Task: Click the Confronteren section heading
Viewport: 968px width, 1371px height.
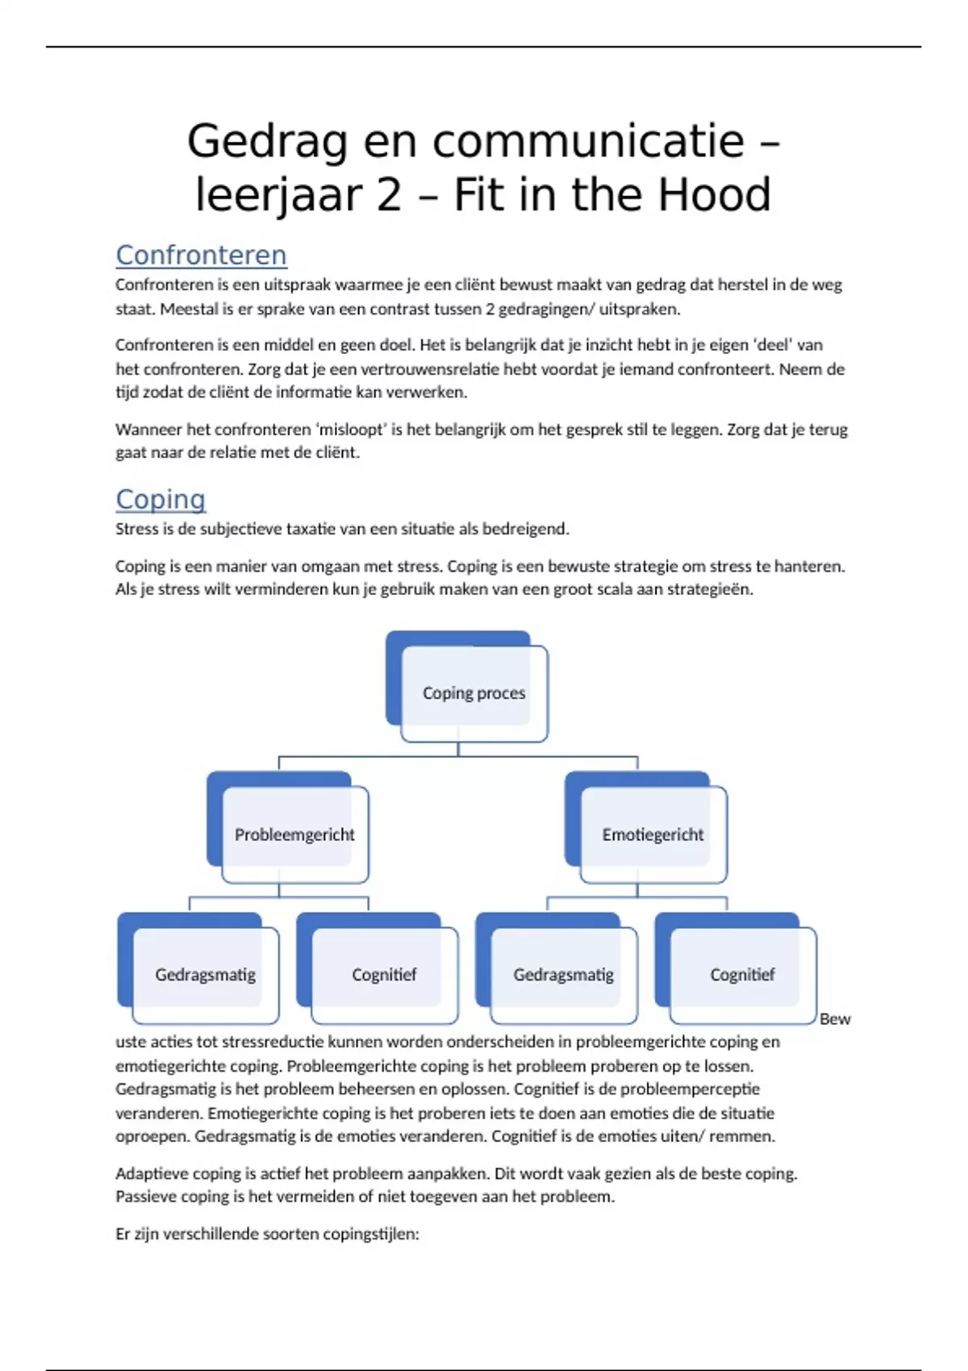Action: [x=201, y=255]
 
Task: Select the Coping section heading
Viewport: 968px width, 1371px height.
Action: [x=161, y=499]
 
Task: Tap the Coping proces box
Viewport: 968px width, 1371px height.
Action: [x=474, y=694]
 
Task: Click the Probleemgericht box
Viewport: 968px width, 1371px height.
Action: [x=294, y=835]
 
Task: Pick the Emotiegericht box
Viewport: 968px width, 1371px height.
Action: [x=653, y=835]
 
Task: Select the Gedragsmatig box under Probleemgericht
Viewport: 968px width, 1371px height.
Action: [x=205, y=975]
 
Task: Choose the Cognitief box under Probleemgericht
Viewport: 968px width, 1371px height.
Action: [x=384, y=975]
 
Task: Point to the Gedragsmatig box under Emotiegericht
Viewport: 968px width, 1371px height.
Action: [x=563, y=975]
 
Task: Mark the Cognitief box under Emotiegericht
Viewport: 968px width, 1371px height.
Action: [x=742, y=975]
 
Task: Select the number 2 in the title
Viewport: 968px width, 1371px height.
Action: [x=389, y=195]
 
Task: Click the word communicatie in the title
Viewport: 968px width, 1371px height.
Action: [x=589, y=142]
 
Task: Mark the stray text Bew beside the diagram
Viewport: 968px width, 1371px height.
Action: [x=835, y=1019]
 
